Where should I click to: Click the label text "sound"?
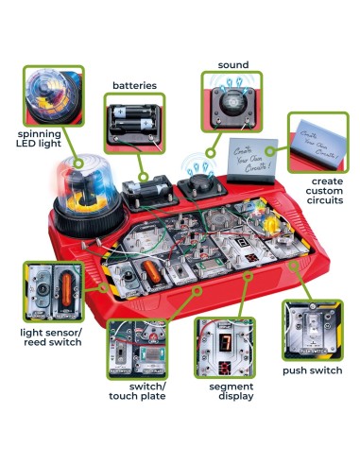pyautogui.click(x=232, y=65)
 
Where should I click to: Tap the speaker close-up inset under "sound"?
pyautogui.click(x=230, y=105)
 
